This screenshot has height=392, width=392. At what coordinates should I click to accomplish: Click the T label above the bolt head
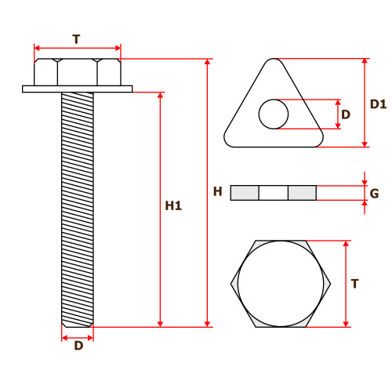[x=76, y=39]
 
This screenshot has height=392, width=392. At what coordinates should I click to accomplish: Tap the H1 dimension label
[x=173, y=205]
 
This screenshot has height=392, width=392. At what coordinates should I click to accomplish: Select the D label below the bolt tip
[x=78, y=346]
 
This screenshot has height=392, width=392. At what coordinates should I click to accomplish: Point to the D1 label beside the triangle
[x=378, y=104]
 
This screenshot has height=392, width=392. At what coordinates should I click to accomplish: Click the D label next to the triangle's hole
[x=346, y=114]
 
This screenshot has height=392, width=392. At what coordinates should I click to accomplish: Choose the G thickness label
[x=374, y=194]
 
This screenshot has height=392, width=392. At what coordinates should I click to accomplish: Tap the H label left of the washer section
[x=217, y=191]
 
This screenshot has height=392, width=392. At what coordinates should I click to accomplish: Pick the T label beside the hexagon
[x=354, y=284]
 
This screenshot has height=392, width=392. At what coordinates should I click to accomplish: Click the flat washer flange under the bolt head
[x=78, y=89]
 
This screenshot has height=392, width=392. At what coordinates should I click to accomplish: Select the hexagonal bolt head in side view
[x=78, y=72]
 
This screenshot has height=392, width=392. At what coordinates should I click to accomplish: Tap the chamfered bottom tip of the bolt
[x=78, y=325]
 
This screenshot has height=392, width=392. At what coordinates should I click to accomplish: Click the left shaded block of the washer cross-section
[x=245, y=193]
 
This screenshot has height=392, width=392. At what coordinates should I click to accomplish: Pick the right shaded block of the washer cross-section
[x=303, y=193]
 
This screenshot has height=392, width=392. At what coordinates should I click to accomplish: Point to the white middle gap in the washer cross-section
[x=274, y=193]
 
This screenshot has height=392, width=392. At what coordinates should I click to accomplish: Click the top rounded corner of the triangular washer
[x=274, y=59]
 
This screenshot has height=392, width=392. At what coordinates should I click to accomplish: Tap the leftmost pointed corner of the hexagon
[x=231, y=284]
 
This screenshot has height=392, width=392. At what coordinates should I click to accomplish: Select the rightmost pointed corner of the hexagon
[x=330, y=284]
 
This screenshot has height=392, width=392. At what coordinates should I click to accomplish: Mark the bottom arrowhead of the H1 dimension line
[x=161, y=324]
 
